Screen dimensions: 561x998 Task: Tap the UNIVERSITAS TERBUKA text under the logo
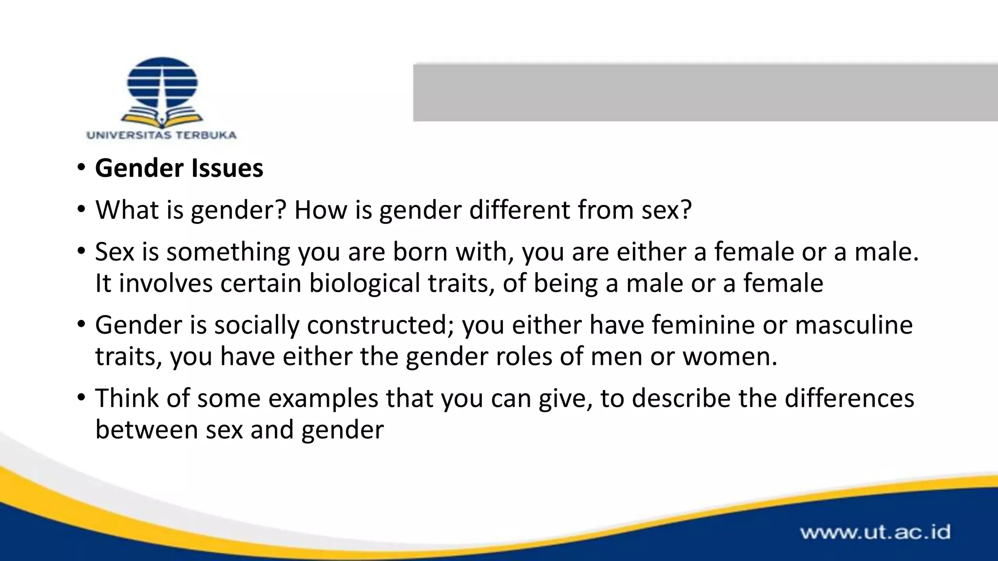(x=161, y=135)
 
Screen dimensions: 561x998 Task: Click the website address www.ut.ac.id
(x=875, y=532)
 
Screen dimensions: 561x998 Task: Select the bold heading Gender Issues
(x=179, y=168)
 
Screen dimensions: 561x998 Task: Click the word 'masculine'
(x=853, y=325)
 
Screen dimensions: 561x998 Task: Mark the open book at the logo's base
(x=162, y=118)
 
